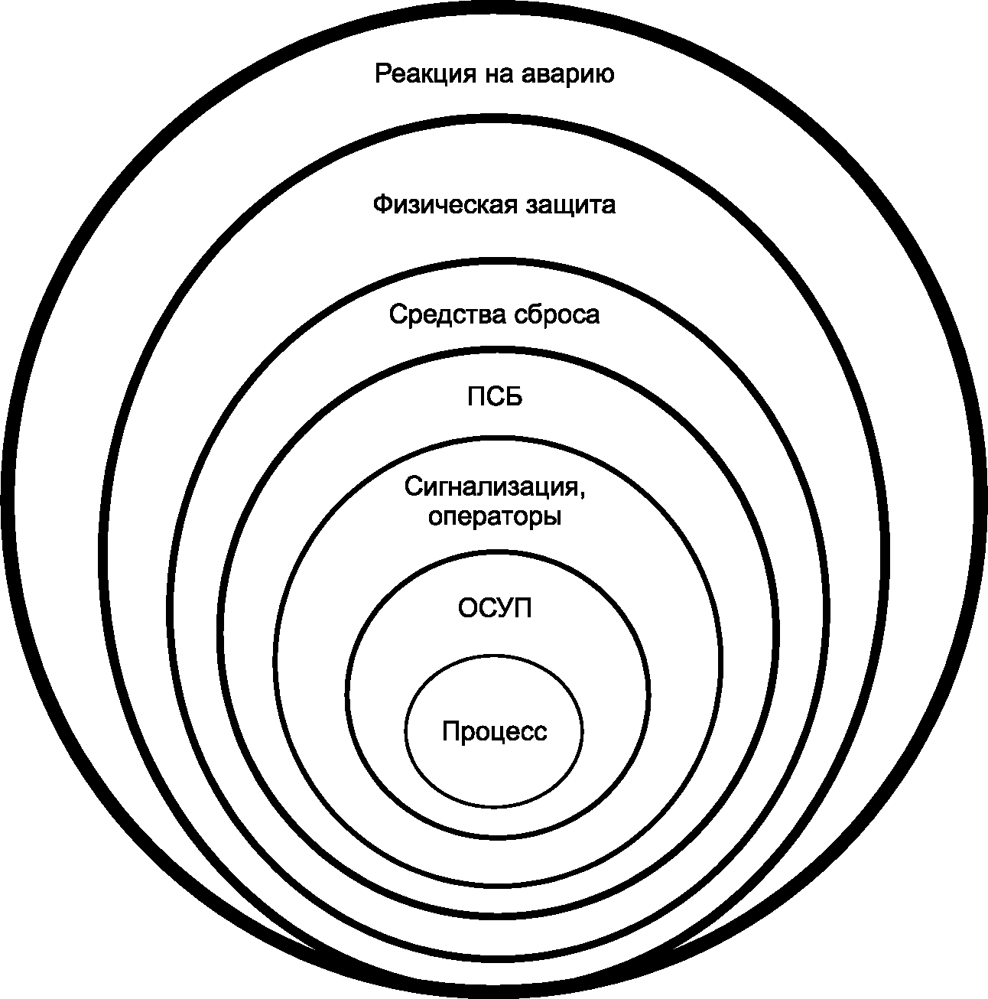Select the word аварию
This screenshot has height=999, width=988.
tap(568, 75)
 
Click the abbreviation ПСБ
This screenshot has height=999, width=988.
tap(495, 398)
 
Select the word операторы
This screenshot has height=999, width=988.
tap(495, 518)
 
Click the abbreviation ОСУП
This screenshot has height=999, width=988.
tap(495, 609)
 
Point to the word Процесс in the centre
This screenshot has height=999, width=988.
tap(495, 732)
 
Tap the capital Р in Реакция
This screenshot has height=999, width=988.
tap(382, 75)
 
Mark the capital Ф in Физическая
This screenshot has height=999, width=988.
tap(382, 206)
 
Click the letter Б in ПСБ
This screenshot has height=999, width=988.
tap(514, 398)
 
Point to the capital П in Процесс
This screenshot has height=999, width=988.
tap(450, 732)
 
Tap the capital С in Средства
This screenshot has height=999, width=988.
tap(398, 315)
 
